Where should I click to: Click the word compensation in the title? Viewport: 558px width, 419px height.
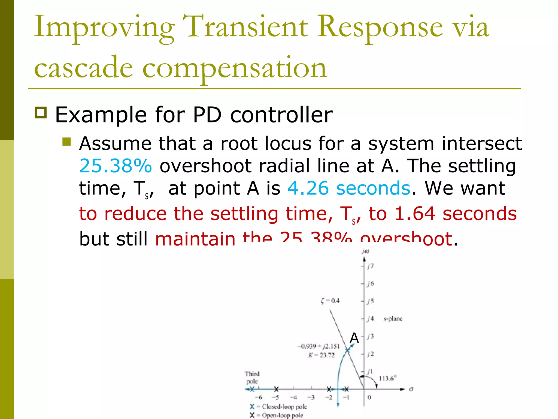point(234,68)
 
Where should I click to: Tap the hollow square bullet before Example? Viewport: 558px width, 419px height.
point(41,113)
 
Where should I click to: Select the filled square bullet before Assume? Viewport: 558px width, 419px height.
point(66,142)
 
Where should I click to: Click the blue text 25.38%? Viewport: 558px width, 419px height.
point(116,166)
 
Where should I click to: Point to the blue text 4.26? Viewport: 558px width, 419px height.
point(308,188)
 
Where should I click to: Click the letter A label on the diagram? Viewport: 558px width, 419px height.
point(354,338)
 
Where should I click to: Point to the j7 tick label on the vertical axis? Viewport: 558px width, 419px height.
point(370,266)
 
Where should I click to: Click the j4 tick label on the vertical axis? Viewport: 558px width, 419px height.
point(370,319)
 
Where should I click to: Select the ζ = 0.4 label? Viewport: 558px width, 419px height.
point(330,301)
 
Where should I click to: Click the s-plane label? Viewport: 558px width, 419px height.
point(393,319)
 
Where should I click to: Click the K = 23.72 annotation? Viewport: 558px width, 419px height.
point(321,355)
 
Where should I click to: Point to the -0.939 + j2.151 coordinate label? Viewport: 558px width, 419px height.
point(319,346)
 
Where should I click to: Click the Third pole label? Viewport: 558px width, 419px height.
point(252,378)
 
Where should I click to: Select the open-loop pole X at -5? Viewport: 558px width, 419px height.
point(276,389)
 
